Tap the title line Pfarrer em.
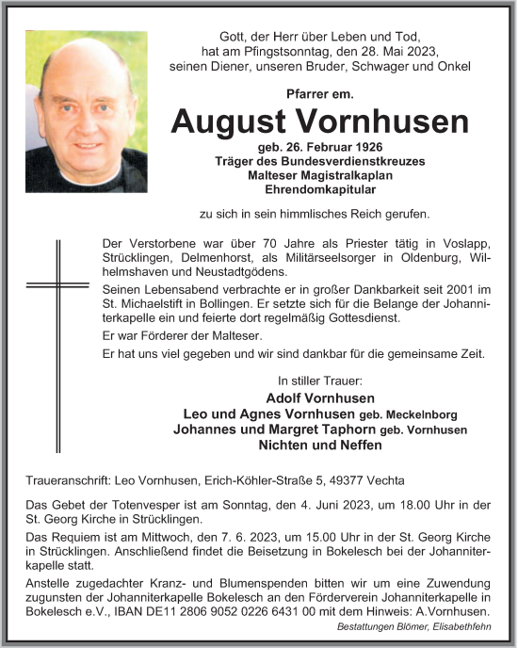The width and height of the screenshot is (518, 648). pyautogui.click(x=318, y=93)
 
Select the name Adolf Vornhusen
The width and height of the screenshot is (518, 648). pyautogui.click(x=319, y=397)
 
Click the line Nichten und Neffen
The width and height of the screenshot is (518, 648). pyautogui.click(x=319, y=445)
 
